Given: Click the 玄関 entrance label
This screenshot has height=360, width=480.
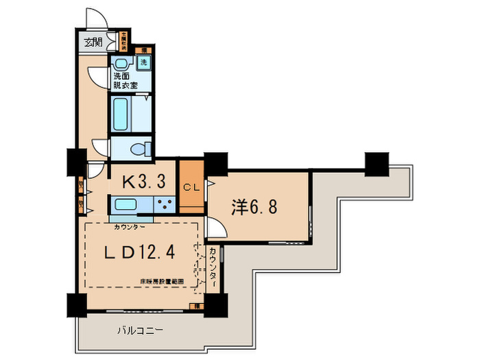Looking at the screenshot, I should click(x=93, y=43).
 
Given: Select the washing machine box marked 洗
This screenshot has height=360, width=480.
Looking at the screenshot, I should click(x=144, y=62).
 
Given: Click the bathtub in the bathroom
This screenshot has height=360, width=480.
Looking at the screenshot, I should click(x=122, y=115).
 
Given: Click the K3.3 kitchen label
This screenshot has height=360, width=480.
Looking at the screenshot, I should click(x=143, y=182).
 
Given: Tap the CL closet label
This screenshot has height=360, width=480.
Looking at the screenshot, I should click(x=191, y=187).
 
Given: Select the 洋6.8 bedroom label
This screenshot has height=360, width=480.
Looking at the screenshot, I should click(x=254, y=208).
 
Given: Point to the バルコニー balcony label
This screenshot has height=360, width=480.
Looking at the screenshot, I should click(x=139, y=330).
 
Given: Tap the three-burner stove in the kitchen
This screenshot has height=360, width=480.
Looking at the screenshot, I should click(x=165, y=204).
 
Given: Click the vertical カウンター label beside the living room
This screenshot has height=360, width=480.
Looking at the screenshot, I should click(x=214, y=268).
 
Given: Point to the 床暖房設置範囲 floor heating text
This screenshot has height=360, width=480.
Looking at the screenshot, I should click(x=161, y=281).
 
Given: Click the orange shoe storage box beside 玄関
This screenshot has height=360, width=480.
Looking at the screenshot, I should click(x=124, y=42).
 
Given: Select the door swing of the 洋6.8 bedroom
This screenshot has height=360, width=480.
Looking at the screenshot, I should click(x=213, y=230).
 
